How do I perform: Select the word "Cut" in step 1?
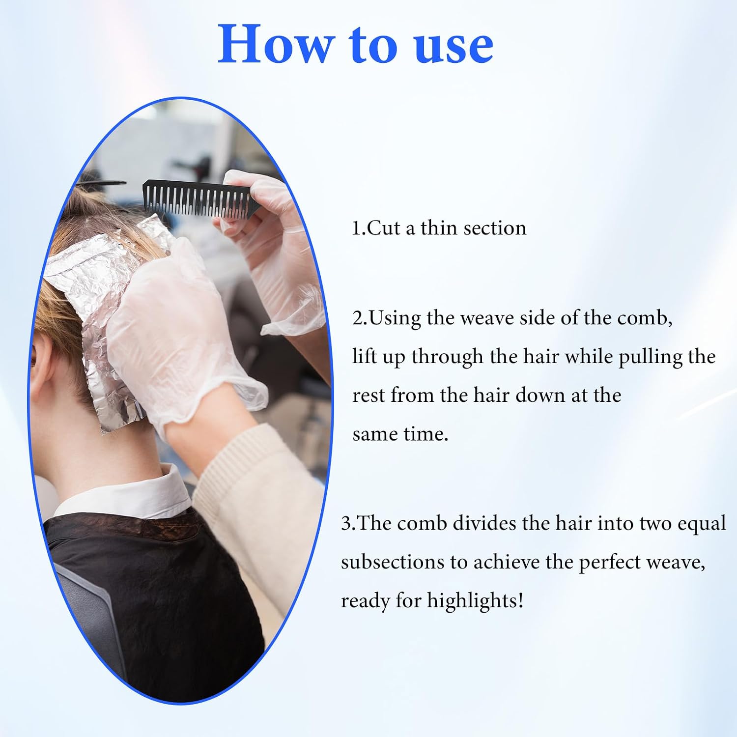pyautogui.click(x=383, y=228)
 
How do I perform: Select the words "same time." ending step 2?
pyautogui.click(x=400, y=434)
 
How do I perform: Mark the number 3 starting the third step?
pyautogui.click(x=346, y=524)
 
